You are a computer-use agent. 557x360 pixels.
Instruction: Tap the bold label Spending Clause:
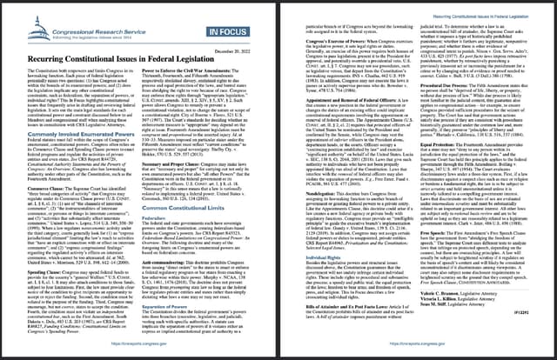(43, 260)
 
